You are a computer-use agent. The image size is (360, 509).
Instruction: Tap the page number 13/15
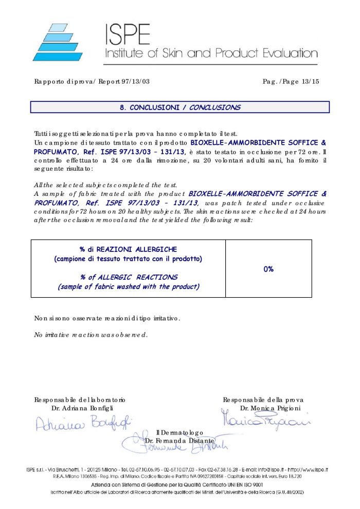[x=309, y=82]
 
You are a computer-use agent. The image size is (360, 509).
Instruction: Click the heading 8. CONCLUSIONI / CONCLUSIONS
[x=179, y=107]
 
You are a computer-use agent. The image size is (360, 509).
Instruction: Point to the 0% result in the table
[x=268, y=269]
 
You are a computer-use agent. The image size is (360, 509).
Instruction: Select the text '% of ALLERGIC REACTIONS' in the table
[x=129, y=277]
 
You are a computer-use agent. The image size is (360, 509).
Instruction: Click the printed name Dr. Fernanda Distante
[x=179, y=441]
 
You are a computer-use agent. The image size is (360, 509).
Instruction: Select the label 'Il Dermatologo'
[x=179, y=433]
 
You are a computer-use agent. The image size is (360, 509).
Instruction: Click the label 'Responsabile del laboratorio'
[x=80, y=400]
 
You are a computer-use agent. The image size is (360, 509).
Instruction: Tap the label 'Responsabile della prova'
[x=263, y=400]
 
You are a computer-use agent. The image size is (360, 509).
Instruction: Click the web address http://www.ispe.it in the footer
[x=309, y=470]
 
